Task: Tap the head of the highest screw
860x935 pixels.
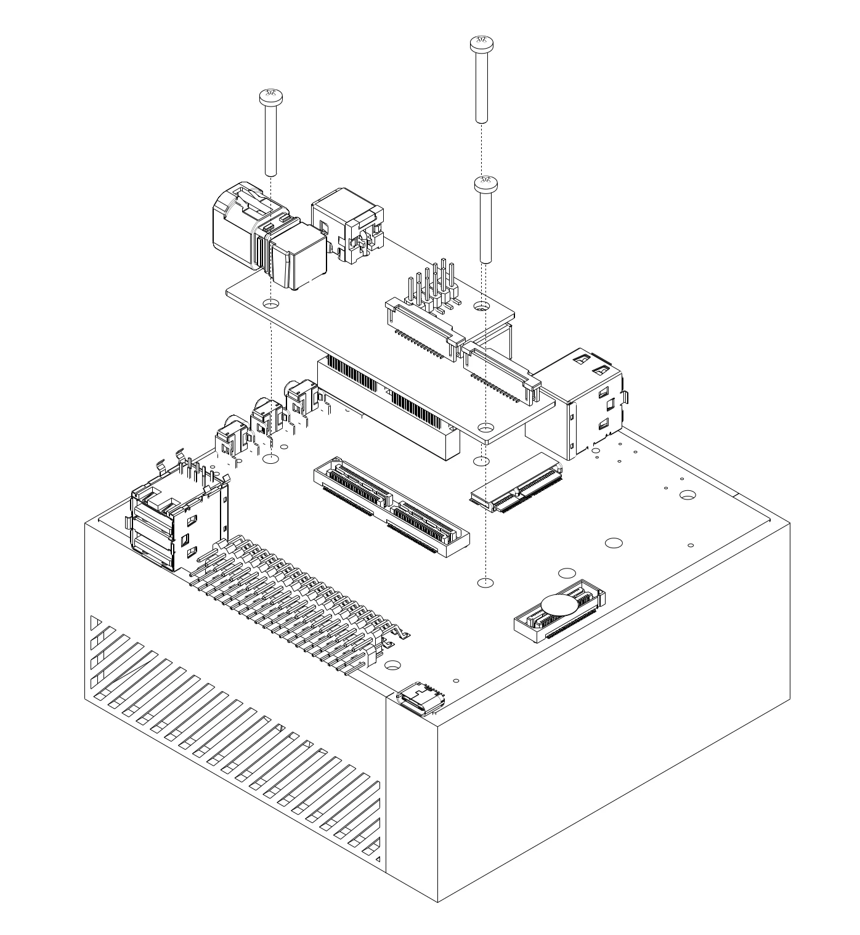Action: [x=482, y=43]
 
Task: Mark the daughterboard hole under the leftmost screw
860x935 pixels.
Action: [x=270, y=304]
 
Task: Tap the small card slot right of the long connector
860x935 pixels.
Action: [x=516, y=484]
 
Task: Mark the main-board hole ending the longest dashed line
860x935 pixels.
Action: [x=486, y=581]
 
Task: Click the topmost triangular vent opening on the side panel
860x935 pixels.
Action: [x=94, y=622]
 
